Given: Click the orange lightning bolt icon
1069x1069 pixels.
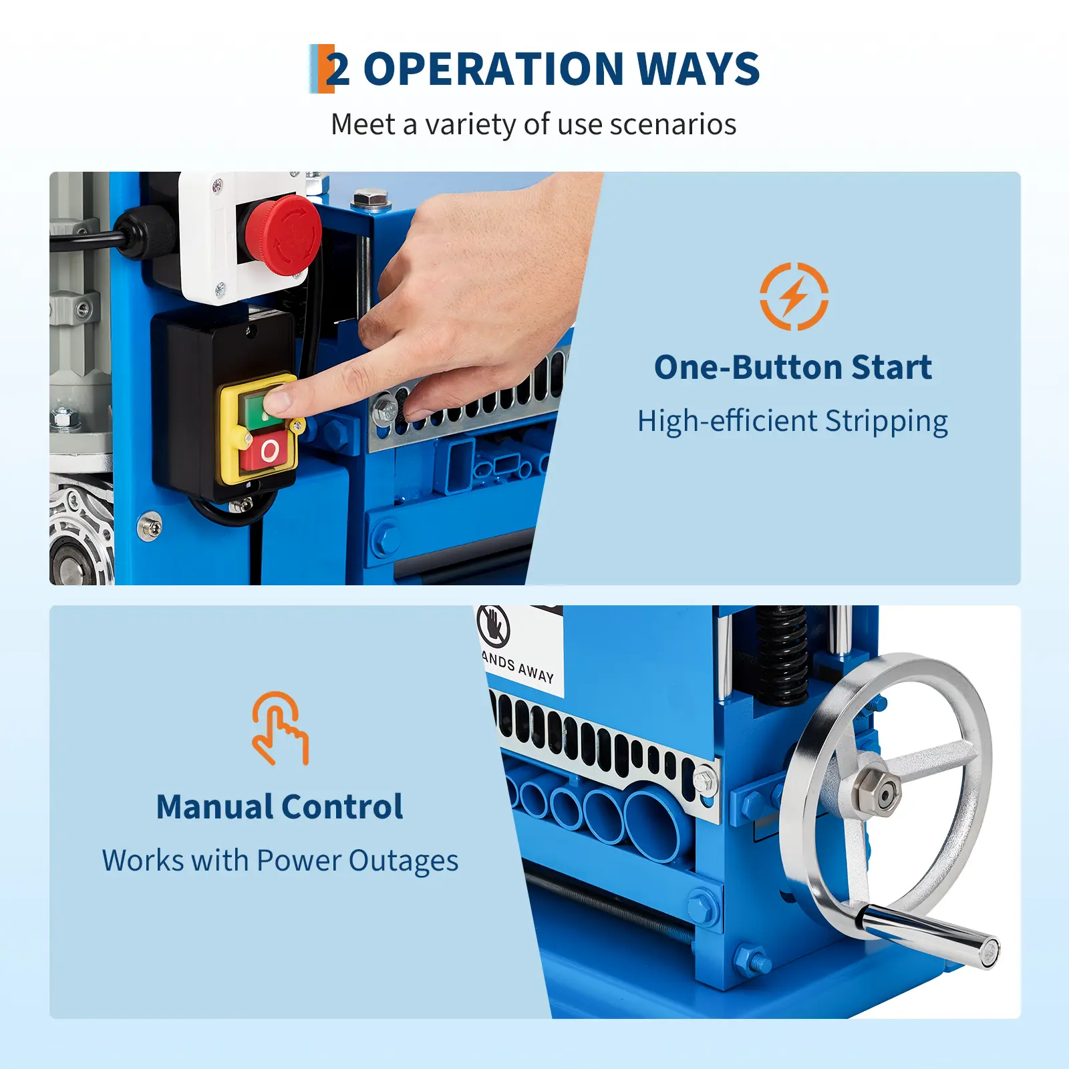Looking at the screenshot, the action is tap(794, 296).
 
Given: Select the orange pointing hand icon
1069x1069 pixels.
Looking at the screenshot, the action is tap(280, 728).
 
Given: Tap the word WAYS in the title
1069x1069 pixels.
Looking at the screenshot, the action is tap(698, 69).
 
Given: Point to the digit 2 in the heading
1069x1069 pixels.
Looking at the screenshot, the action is tap(337, 69).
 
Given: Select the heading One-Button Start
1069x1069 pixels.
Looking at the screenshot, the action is tap(793, 367).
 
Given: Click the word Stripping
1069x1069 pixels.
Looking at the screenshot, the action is tap(886, 422).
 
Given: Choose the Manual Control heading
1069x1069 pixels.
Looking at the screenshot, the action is tap(279, 806).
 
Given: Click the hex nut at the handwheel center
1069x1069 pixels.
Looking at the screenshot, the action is tap(877, 793).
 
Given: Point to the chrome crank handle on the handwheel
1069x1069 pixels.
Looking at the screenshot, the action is tap(929, 932).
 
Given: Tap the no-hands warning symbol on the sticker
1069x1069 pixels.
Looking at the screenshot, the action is tap(493, 626).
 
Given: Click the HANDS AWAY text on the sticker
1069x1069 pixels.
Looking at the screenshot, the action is tap(518, 667).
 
